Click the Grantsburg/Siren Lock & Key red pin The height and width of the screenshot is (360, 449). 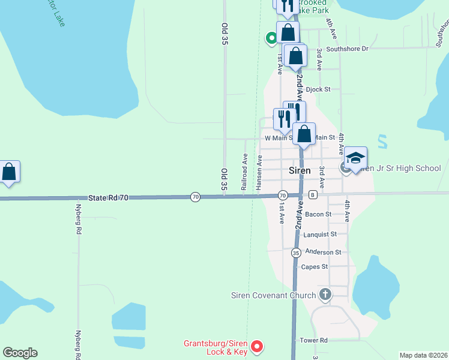pyautogui.click(x=257, y=346)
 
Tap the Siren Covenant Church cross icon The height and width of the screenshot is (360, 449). pyautogui.click(x=325, y=295)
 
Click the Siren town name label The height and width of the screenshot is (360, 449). pyautogui.click(x=300, y=170)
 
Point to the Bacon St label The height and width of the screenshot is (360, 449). pyautogui.click(x=318, y=214)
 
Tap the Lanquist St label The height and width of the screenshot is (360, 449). pyautogui.click(x=320, y=235)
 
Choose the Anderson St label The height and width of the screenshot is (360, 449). pyautogui.click(x=323, y=253)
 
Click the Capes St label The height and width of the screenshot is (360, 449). pyautogui.click(x=315, y=267)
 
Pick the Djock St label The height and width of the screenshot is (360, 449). pyautogui.click(x=318, y=89)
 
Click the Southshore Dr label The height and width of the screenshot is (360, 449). pyautogui.click(x=348, y=49)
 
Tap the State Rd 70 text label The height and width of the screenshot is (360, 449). pyautogui.click(x=109, y=197)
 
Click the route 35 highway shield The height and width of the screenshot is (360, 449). pyautogui.click(x=296, y=253)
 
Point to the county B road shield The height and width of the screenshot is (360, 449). pyautogui.click(x=313, y=195)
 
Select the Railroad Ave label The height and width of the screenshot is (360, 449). pyautogui.click(x=245, y=172)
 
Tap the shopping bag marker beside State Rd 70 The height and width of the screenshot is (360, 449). pyautogui.click(x=9, y=172)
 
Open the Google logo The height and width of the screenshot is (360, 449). pyautogui.click(x=20, y=353)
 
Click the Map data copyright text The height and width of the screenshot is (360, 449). pyautogui.click(x=423, y=355)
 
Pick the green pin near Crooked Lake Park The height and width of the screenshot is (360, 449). pyautogui.click(x=271, y=38)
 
